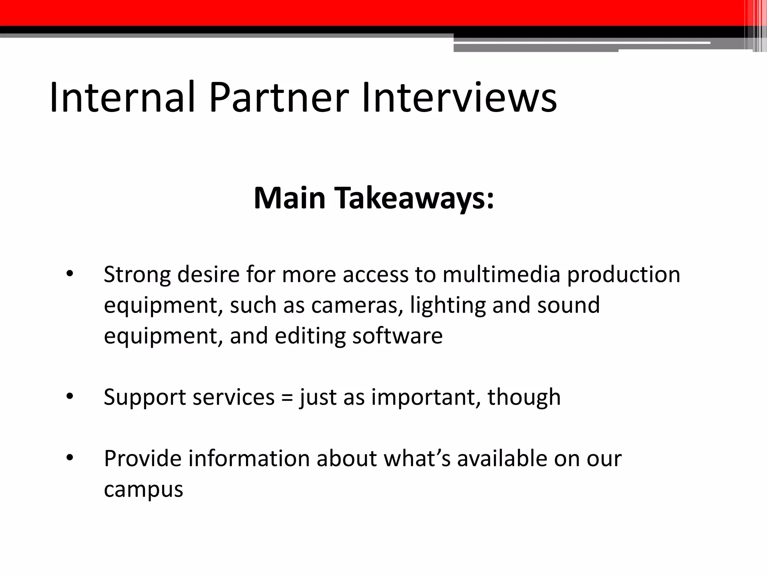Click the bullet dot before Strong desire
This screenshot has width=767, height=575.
coord(70,274)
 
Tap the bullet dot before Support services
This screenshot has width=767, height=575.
coord(70,397)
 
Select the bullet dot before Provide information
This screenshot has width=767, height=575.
coord(70,459)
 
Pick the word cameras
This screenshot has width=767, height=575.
coord(357,305)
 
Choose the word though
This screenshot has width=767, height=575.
coord(524,397)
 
